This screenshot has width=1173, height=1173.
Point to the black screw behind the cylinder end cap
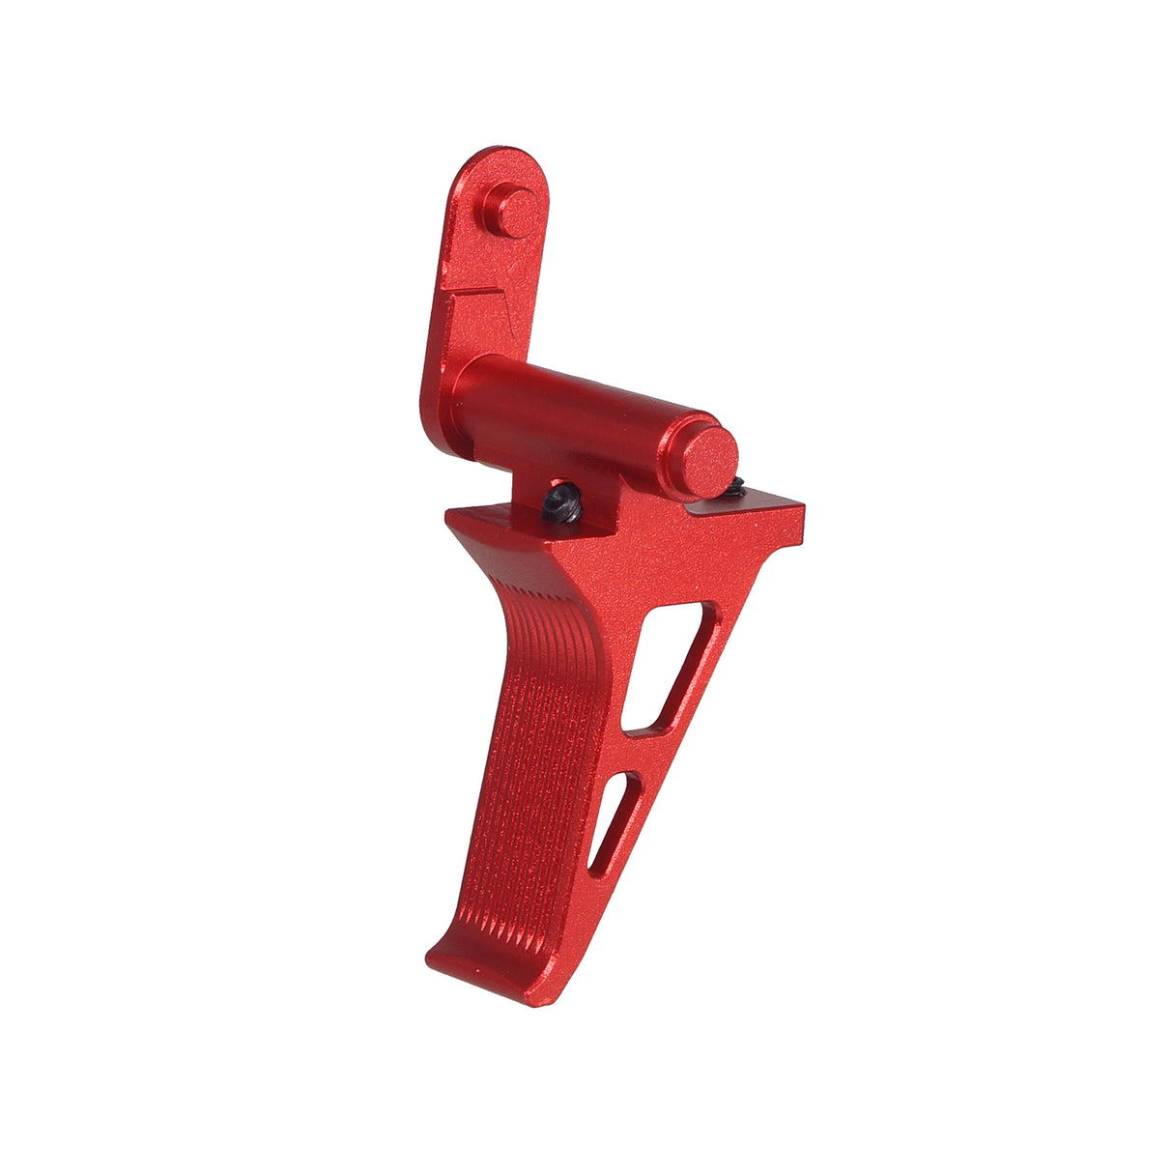pyautogui.click(x=735, y=485)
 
